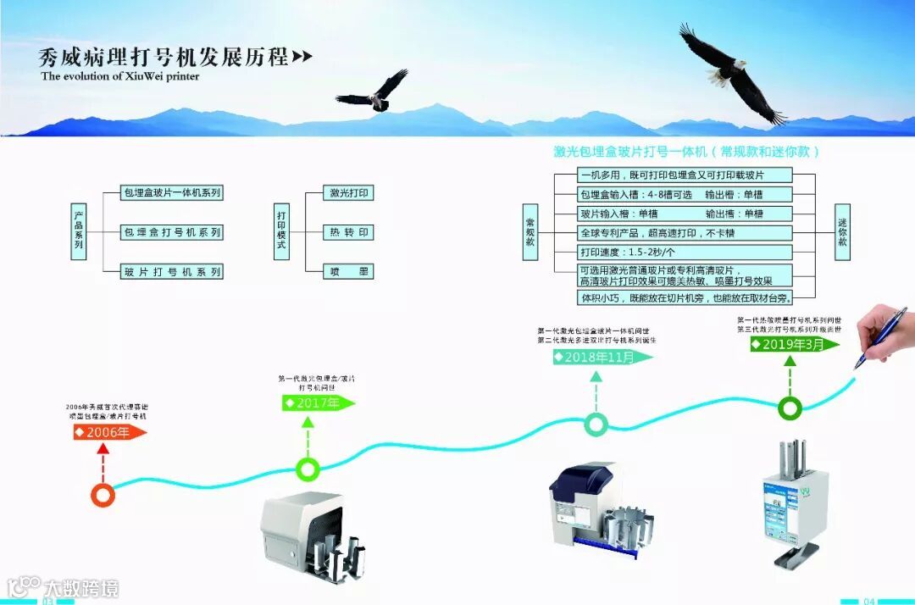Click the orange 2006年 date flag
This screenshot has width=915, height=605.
click(109, 432)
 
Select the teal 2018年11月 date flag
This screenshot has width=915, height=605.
click(602, 357)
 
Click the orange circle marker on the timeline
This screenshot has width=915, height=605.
click(103, 495)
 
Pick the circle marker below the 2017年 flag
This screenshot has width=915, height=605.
click(308, 468)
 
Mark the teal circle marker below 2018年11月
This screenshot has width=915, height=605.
click(596, 424)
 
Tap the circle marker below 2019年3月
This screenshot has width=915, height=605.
click(790, 408)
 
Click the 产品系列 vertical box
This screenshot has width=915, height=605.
click(78, 231)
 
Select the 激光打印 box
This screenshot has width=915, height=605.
click(347, 193)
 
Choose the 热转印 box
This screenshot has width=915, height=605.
click(347, 232)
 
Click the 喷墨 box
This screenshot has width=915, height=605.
click(347, 271)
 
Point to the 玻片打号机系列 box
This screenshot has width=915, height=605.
click(172, 271)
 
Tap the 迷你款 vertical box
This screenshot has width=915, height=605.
click(842, 230)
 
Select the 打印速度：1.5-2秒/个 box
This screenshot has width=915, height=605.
click(685, 253)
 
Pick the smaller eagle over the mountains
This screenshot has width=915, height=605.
click(374, 92)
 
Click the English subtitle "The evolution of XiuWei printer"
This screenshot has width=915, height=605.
click(119, 76)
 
